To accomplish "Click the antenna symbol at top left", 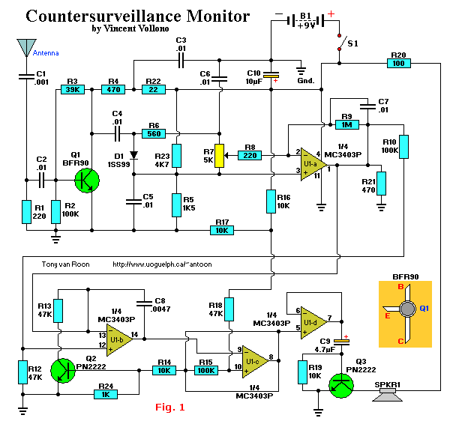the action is coord(26,47).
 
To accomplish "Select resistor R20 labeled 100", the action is coord(399,64).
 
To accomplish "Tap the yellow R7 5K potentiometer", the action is coord(219,156).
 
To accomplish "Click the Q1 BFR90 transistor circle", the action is coord(87,181).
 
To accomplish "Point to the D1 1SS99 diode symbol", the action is coord(133,155).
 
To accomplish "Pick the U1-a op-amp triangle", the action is coord(313,164).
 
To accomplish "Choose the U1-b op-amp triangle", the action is coord(119,340).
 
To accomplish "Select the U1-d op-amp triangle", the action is coord(313,322).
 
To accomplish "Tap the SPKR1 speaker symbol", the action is coord(388,396).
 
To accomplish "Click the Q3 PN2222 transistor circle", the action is coord(341,386).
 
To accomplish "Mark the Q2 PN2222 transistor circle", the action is coord(63,371).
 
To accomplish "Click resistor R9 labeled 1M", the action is coord(347,125).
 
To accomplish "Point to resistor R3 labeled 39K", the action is coord(73,89).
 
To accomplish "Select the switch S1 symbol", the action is coord(340,43).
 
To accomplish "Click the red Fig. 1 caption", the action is coord(169,408).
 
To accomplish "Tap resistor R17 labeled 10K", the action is coord(222,231).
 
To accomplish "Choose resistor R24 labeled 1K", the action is coord(106,395).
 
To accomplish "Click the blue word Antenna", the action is coord(46,53).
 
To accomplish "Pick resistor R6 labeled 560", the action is coord(154,133).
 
